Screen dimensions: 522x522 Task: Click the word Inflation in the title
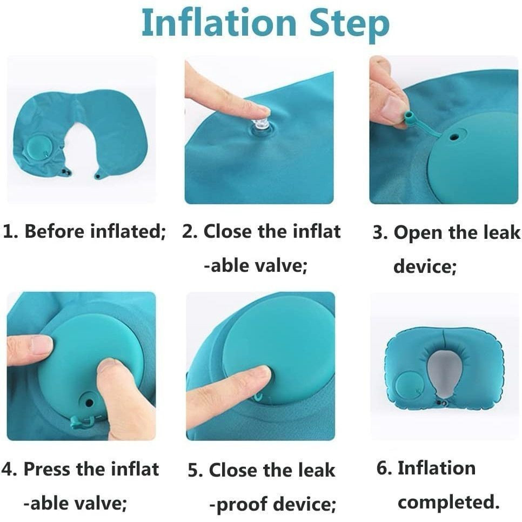(x=219, y=22)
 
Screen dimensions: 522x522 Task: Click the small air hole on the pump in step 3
(x=453, y=137)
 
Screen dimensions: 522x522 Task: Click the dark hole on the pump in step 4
(x=89, y=403)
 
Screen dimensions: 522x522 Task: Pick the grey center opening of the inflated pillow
(x=443, y=373)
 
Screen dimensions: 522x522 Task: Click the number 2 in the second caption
(x=188, y=232)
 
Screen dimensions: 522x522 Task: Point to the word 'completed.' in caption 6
(x=449, y=503)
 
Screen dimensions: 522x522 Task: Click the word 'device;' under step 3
(x=425, y=266)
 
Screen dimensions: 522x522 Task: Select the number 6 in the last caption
(x=382, y=468)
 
